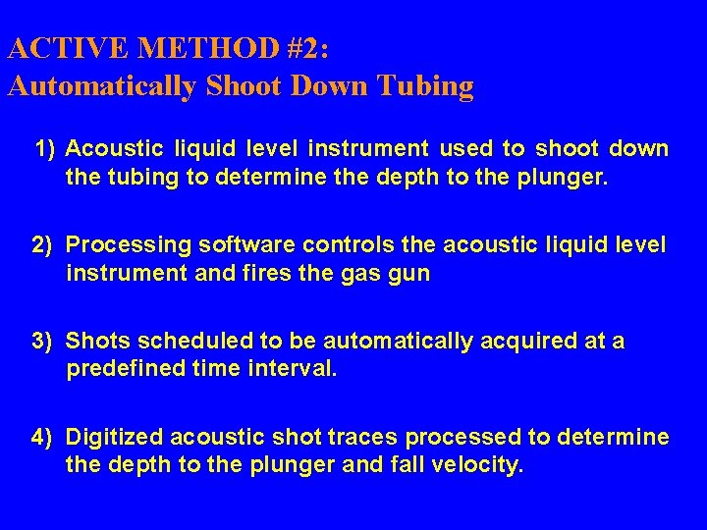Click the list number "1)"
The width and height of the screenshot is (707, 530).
[46, 149]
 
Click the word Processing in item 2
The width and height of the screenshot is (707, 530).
[125, 244]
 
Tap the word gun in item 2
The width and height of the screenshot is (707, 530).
[408, 273]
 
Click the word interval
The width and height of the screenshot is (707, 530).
[292, 369]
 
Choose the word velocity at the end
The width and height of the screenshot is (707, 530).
[475, 464]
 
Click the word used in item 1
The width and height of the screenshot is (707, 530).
[465, 149]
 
